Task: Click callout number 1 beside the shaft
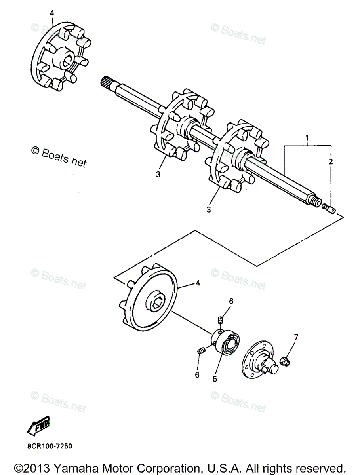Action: click(x=307, y=138)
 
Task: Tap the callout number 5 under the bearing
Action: click(x=215, y=379)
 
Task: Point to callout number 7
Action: click(x=295, y=337)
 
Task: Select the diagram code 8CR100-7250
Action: click(x=50, y=446)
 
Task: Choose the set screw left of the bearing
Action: click(x=200, y=351)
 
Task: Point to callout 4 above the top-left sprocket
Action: click(x=51, y=13)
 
